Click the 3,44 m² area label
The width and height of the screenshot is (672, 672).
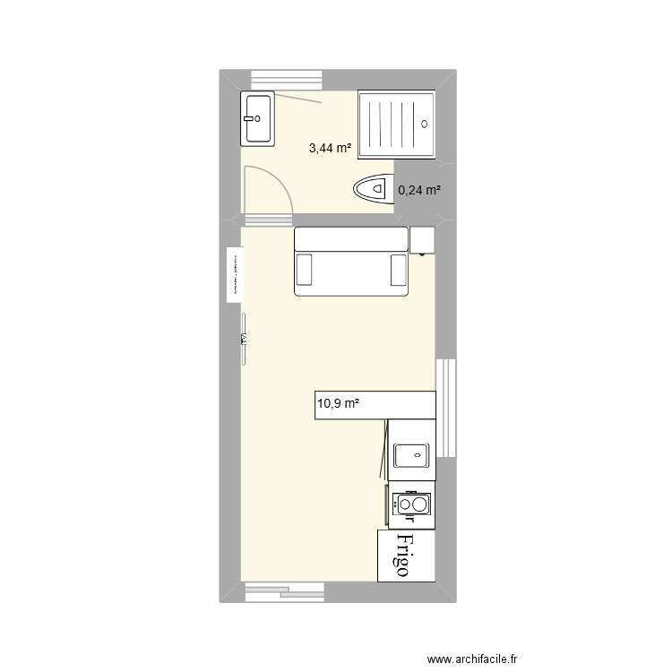pyautogui.click(x=330, y=149)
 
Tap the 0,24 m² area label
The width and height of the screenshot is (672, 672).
pyautogui.click(x=419, y=190)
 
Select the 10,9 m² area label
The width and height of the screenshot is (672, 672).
pyautogui.click(x=338, y=404)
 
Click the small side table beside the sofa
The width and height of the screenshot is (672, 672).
pyautogui.click(x=421, y=239)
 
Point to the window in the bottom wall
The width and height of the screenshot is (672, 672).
pyautogui.click(x=282, y=590)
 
